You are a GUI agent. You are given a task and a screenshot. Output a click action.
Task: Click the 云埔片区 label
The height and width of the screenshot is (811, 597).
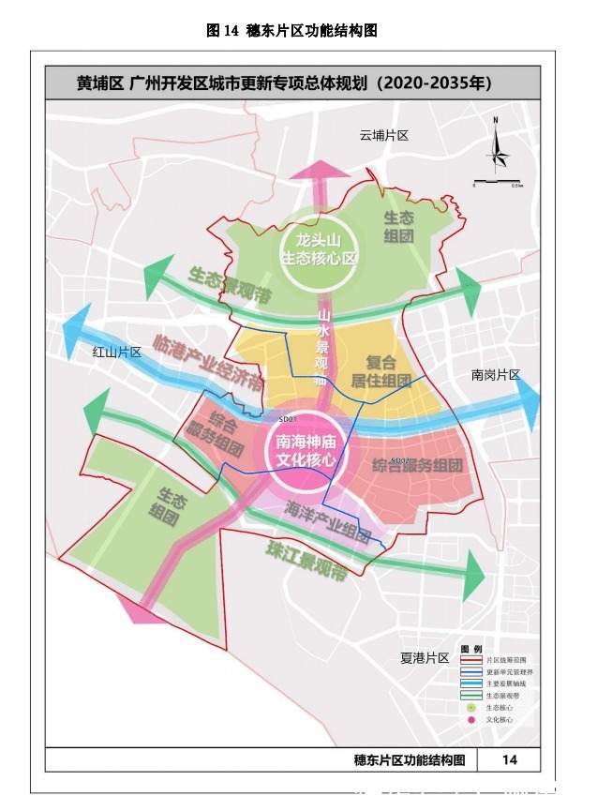(384, 136)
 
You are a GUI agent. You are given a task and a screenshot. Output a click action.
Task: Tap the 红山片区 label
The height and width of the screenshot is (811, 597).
(116, 353)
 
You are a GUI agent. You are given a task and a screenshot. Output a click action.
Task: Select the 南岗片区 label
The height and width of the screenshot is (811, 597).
(495, 375)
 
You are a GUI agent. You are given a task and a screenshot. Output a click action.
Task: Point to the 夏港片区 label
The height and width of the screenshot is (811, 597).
(425, 658)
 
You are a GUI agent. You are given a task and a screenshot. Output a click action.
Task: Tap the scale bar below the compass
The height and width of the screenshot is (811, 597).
(497, 180)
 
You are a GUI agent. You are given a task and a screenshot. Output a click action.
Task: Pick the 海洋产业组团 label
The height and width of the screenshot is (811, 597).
(327, 521)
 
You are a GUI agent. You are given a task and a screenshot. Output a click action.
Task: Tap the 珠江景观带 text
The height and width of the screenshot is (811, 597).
(306, 561)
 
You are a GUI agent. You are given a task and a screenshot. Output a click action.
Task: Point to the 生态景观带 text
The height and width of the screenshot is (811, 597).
(229, 287)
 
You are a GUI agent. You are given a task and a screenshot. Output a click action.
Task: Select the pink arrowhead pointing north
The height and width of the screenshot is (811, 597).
(321, 171)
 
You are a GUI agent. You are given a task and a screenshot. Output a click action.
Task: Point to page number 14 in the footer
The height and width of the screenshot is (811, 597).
(510, 759)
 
